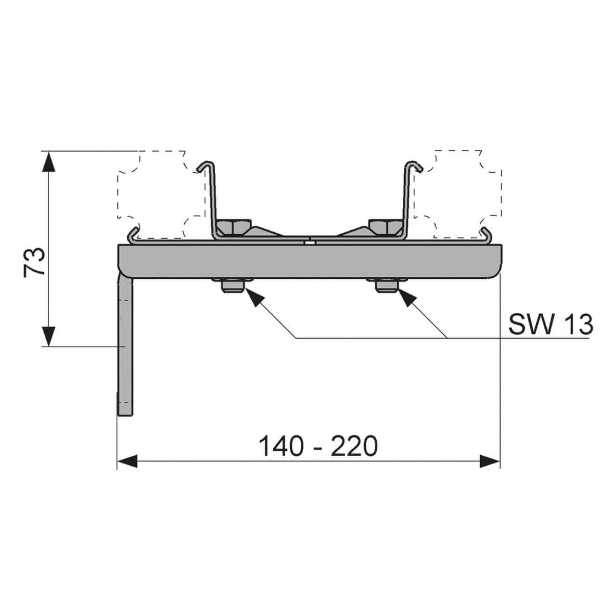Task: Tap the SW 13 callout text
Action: point(551,325)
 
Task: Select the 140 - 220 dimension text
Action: point(318,446)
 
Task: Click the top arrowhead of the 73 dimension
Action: point(48,162)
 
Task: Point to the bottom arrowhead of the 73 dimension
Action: point(48,335)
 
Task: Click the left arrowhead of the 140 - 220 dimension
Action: point(127,462)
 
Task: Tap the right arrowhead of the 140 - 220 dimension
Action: point(489,462)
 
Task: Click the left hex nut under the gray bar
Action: point(232,286)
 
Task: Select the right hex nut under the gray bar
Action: point(387,286)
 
